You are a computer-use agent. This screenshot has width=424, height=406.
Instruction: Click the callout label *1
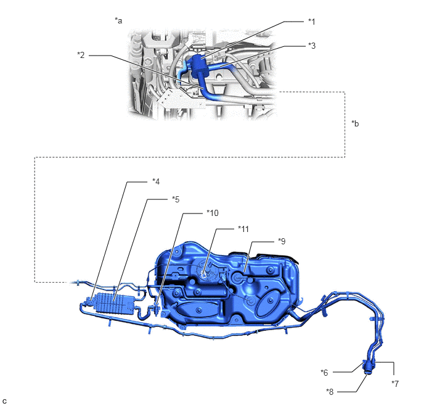pyautogui.click(x=312, y=22)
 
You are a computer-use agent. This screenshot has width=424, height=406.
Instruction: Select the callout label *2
pyautogui.click(x=81, y=55)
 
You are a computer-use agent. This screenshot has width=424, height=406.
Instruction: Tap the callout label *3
pyautogui.click(x=312, y=46)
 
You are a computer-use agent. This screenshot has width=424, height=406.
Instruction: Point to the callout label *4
pyautogui.click(x=156, y=181)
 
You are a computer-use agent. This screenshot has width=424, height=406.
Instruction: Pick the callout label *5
pyautogui.click(x=176, y=199)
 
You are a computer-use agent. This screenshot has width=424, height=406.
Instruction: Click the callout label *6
pyautogui.click(x=324, y=373)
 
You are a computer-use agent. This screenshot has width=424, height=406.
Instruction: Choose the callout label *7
pyautogui.click(x=395, y=384)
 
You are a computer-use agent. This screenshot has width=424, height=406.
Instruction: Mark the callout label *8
pyautogui.click(x=330, y=392)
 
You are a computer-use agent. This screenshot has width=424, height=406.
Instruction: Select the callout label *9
pyautogui.click(x=282, y=241)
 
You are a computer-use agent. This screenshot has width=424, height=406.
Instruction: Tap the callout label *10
pyautogui.click(x=213, y=213)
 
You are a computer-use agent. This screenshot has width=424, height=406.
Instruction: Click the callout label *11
pyautogui.click(x=243, y=229)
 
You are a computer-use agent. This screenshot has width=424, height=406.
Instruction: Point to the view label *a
pyautogui.click(x=118, y=20)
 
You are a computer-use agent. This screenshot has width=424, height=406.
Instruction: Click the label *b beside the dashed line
pyautogui.click(x=356, y=123)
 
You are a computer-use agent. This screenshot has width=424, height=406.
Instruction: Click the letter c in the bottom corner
pyautogui.click(x=4, y=401)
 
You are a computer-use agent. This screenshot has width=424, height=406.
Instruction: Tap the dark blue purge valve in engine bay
pyautogui.click(x=199, y=64)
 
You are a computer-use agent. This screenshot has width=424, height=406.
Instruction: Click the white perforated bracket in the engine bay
pyautogui.click(x=172, y=99)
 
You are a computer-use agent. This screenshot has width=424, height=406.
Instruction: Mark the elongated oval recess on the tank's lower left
pyautogui.click(x=198, y=310)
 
